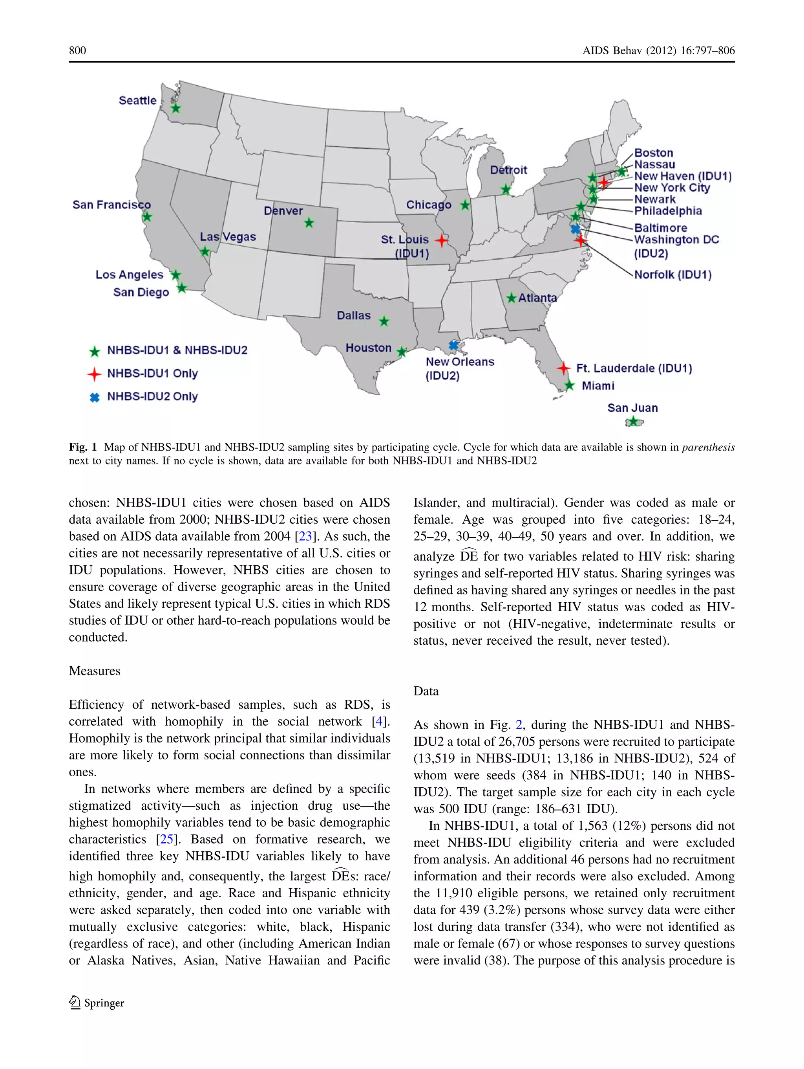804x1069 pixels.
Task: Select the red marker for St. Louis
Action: coord(441,240)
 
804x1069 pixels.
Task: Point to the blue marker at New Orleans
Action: coord(453,345)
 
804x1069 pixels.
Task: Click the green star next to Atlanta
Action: coord(512,298)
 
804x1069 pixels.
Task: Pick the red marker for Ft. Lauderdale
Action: coord(563,368)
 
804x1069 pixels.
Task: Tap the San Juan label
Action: coord(632,408)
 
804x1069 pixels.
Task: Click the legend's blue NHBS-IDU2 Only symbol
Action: coord(95,397)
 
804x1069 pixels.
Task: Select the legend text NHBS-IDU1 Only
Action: coord(152,373)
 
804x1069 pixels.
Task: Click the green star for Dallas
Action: coord(384,321)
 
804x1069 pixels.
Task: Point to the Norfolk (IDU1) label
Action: coord(672,275)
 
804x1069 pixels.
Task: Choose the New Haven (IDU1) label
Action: coord(682,176)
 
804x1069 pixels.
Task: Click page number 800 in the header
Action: coord(77,50)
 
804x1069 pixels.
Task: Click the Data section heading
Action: coord(426,691)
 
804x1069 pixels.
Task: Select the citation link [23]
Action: coord(305,536)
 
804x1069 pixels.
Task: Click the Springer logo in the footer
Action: coord(97,1003)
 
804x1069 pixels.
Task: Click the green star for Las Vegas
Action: coord(205,251)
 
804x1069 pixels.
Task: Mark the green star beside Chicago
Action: coord(465,205)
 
